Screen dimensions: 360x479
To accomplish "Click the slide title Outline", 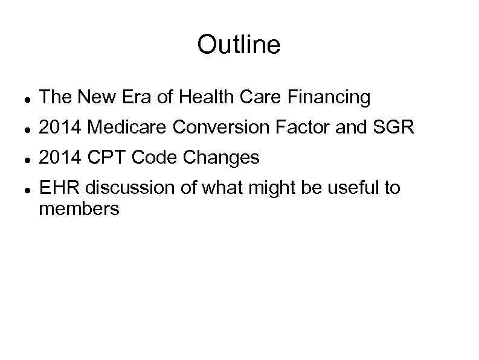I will click(x=239, y=45).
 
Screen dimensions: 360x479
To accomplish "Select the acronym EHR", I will click(x=59, y=188).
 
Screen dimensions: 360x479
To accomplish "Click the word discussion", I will click(x=123, y=188).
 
